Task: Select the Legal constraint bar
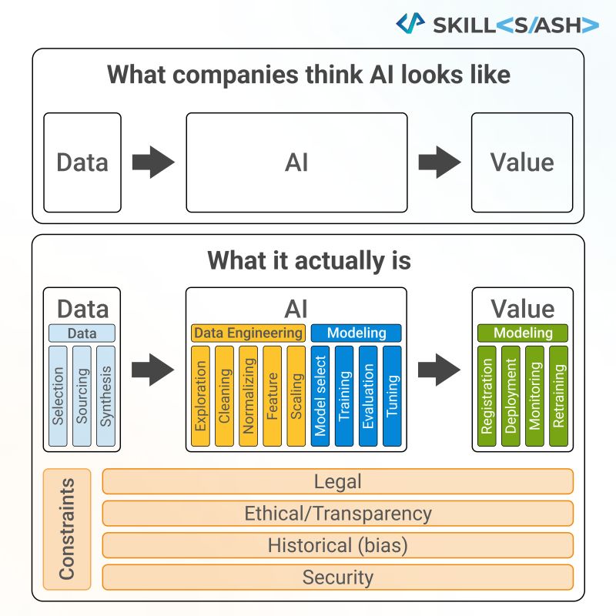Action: (x=337, y=481)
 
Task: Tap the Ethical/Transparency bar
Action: (x=337, y=514)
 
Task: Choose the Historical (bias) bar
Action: (x=337, y=545)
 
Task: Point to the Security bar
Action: (x=337, y=577)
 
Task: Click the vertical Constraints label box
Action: (x=67, y=528)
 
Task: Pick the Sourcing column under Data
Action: (x=82, y=396)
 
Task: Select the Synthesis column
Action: (x=106, y=396)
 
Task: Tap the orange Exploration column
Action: (x=201, y=396)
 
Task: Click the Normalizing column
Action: (x=248, y=396)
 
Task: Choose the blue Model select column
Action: (x=321, y=396)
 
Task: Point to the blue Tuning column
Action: (x=392, y=396)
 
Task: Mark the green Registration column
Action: (x=487, y=396)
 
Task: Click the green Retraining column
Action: (x=558, y=396)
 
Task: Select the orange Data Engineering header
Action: (x=249, y=333)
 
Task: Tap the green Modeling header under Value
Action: (x=523, y=333)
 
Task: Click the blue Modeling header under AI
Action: (x=357, y=333)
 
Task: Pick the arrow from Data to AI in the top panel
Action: (x=153, y=162)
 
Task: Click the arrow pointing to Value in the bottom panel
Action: (x=439, y=370)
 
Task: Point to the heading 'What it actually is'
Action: (x=308, y=261)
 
